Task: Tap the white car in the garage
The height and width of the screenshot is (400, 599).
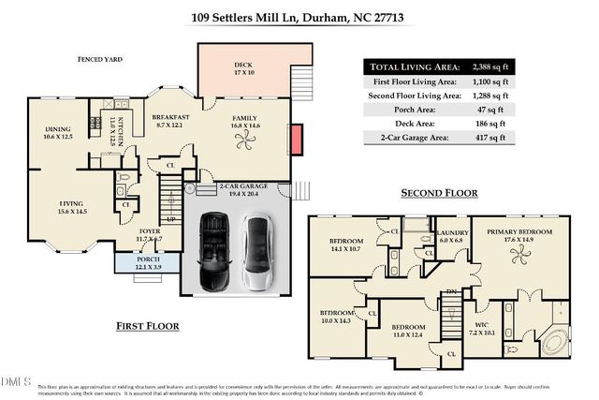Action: click(x=256, y=253)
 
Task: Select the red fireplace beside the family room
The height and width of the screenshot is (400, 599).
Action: click(x=296, y=141)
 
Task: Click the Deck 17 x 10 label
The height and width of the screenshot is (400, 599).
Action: click(x=244, y=69)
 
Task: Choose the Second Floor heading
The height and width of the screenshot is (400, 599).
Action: click(x=437, y=194)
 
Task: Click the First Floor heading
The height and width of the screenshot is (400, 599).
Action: click(x=148, y=326)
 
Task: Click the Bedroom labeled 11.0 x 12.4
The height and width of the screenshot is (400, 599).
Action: click(x=402, y=332)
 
